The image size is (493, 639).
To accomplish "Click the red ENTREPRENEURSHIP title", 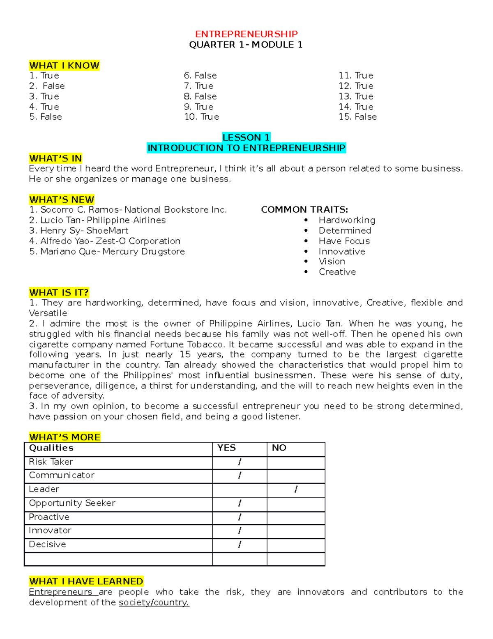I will (x=246, y=34).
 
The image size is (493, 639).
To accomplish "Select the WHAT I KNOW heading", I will (x=64, y=65).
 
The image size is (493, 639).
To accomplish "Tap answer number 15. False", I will (x=357, y=117).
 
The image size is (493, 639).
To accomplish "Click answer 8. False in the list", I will (x=200, y=96).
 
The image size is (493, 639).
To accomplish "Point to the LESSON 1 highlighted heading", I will (x=246, y=137).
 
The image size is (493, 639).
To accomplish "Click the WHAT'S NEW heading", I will (x=62, y=200).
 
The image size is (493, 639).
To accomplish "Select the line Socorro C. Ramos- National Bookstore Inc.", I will (x=128, y=210).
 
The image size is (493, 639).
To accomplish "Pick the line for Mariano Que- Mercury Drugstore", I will (x=107, y=251).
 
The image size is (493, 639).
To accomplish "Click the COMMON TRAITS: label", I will (x=304, y=210).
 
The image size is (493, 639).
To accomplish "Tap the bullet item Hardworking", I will (x=347, y=220).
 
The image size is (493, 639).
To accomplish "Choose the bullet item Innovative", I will (x=342, y=251).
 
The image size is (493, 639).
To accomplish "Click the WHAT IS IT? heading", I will (x=59, y=293).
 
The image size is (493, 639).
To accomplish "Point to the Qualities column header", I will (x=51, y=448).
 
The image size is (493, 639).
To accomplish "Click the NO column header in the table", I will (x=279, y=448).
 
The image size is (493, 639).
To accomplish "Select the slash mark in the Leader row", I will (x=296, y=489).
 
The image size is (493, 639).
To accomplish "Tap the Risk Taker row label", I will (x=51, y=462).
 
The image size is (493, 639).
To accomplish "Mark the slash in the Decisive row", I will (x=240, y=544).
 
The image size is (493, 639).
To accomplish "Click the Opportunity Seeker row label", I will (x=72, y=503).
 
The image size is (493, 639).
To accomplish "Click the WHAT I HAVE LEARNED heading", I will (x=86, y=581).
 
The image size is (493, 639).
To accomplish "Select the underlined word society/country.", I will (x=154, y=602).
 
